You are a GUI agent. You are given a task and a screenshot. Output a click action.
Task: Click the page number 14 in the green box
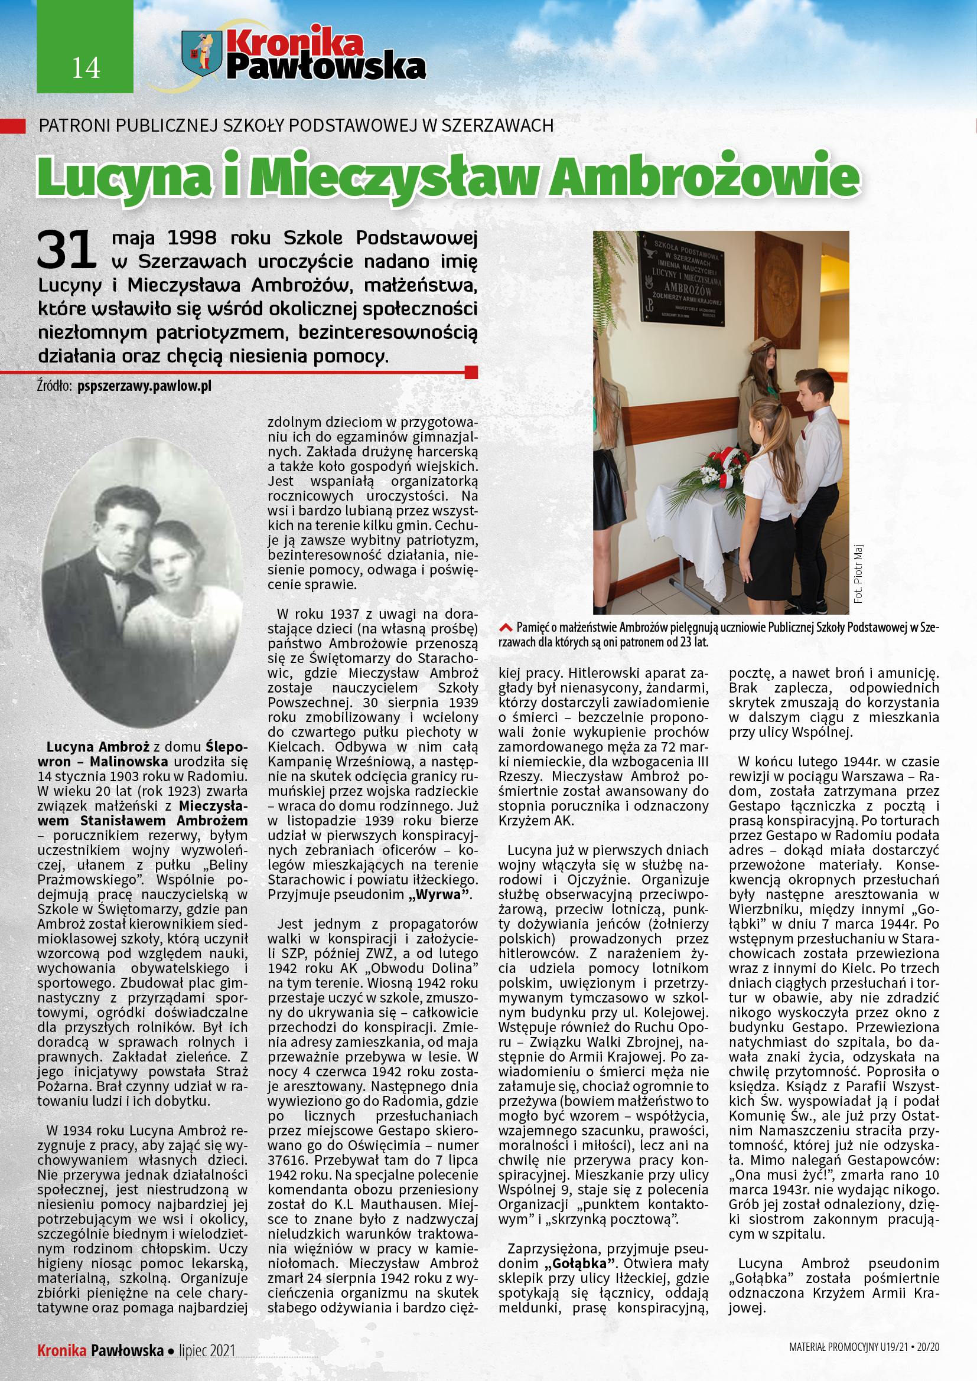(x=86, y=68)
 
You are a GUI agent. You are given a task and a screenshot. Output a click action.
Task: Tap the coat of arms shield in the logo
(x=201, y=54)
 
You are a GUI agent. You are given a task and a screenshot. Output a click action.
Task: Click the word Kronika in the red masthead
(x=295, y=43)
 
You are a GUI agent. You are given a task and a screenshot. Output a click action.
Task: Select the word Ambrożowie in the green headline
(x=705, y=177)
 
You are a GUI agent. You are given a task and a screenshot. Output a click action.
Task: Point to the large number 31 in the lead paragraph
(x=66, y=250)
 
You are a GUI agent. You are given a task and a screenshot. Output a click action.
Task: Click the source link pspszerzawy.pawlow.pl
(x=144, y=386)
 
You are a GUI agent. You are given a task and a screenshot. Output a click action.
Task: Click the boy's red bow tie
(x=813, y=415)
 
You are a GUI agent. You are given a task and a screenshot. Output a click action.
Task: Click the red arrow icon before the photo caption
(x=506, y=628)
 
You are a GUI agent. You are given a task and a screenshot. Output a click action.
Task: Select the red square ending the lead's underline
(x=471, y=373)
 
